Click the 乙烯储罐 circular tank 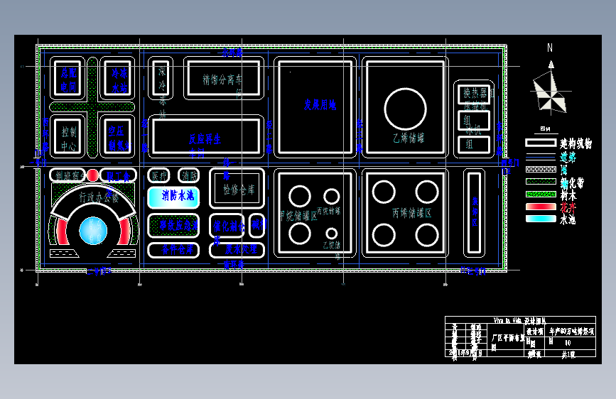point(405,109)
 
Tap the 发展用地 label point(320,105)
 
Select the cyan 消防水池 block point(173,196)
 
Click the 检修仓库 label point(238,190)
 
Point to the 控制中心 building point(69,138)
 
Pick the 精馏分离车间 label point(223,79)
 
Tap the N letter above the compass point(549,48)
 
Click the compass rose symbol point(550,90)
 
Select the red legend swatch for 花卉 point(541,207)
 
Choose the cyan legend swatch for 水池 point(541,219)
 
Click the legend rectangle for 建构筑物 point(541,143)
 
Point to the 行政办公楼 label point(99,197)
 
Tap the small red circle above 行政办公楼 point(93,175)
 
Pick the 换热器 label point(474,93)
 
